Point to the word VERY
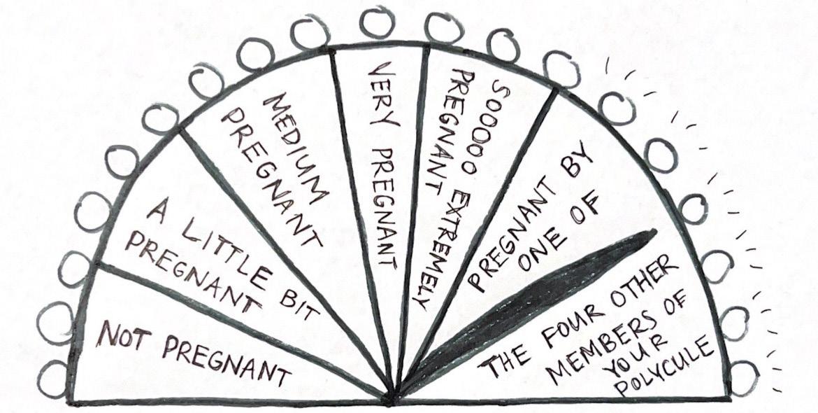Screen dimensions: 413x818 coord(381,98)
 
